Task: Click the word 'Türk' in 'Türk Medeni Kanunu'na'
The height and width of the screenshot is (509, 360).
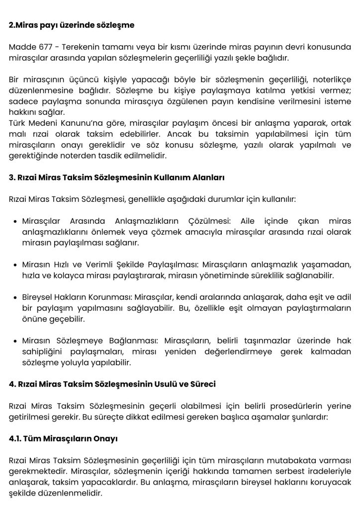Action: point(17,122)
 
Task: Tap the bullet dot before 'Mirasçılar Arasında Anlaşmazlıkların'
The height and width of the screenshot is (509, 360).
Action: point(16,221)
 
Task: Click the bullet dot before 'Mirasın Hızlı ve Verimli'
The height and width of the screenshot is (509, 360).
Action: point(16,264)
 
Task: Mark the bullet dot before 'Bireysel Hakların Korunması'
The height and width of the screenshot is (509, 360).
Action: point(16,297)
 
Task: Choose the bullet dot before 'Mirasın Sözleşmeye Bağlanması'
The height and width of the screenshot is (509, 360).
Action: point(16,341)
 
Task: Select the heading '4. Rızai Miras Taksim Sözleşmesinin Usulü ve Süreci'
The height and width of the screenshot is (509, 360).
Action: point(112,385)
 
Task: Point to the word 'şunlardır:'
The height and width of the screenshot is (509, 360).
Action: point(310,418)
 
